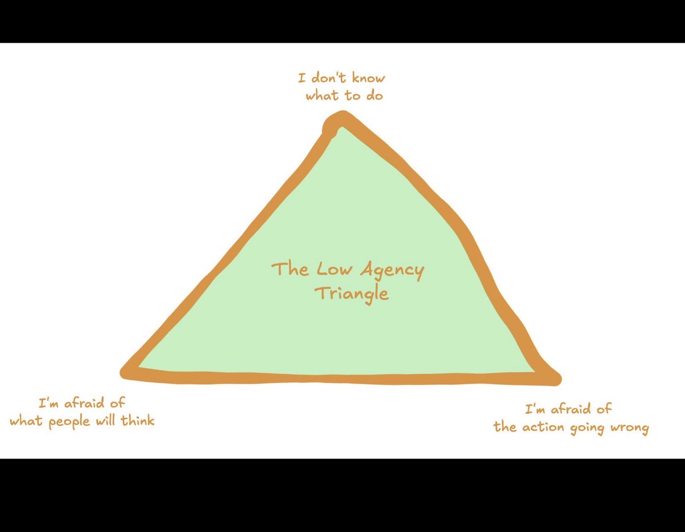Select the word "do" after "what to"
[374, 95]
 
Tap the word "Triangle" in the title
[351, 293]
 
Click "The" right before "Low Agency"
[290, 269]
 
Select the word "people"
[74, 422]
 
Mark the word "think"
[140, 421]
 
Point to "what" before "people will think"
[26, 421]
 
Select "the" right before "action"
[504, 427]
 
